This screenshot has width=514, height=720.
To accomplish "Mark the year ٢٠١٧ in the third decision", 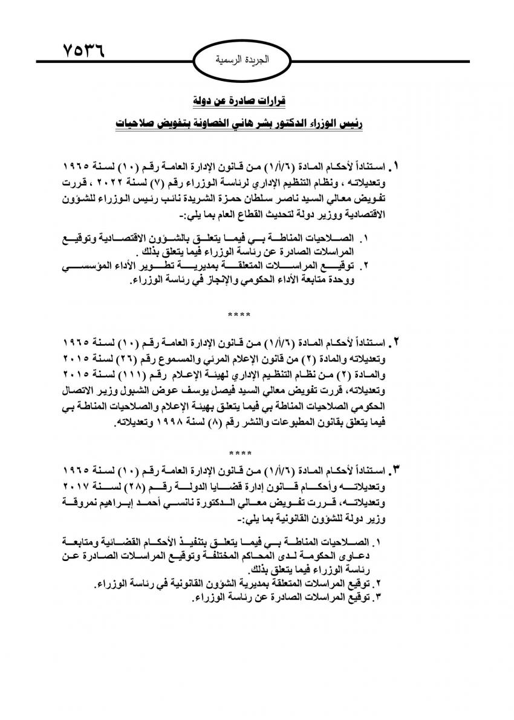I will click(x=81, y=485).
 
